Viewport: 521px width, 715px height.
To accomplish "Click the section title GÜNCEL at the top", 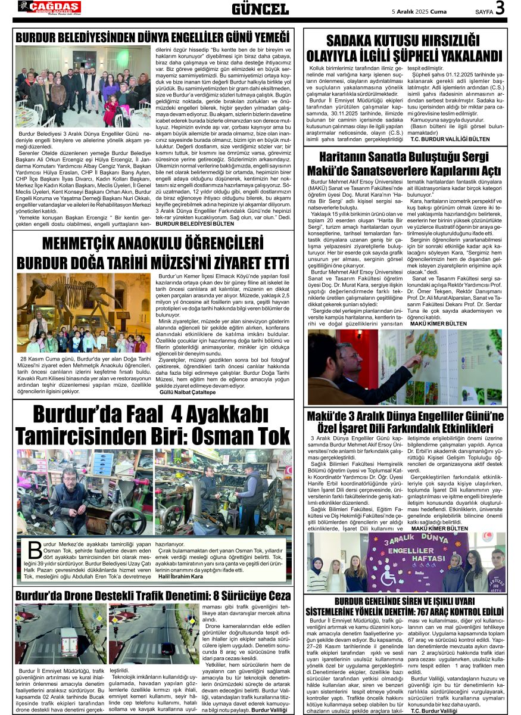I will [260, 9].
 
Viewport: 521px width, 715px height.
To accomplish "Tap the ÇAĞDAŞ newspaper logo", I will [49, 7].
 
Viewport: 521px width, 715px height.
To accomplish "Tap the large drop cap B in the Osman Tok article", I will [35, 551].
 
